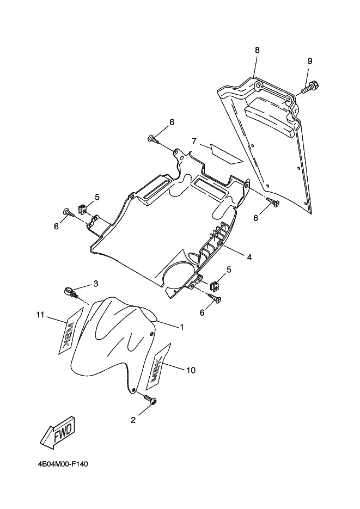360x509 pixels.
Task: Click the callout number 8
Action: (x=257, y=50)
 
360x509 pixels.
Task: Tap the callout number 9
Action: (x=309, y=60)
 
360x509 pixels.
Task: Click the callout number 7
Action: (x=193, y=141)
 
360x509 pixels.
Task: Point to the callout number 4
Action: (x=249, y=256)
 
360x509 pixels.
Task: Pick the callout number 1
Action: (x=181, y=327)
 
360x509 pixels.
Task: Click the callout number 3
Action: (x=95, y=283)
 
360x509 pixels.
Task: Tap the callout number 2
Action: (x=132, y=420)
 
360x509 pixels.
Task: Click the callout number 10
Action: (x=191, y=370)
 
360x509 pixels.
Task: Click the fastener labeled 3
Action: (x=70, y=292)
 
